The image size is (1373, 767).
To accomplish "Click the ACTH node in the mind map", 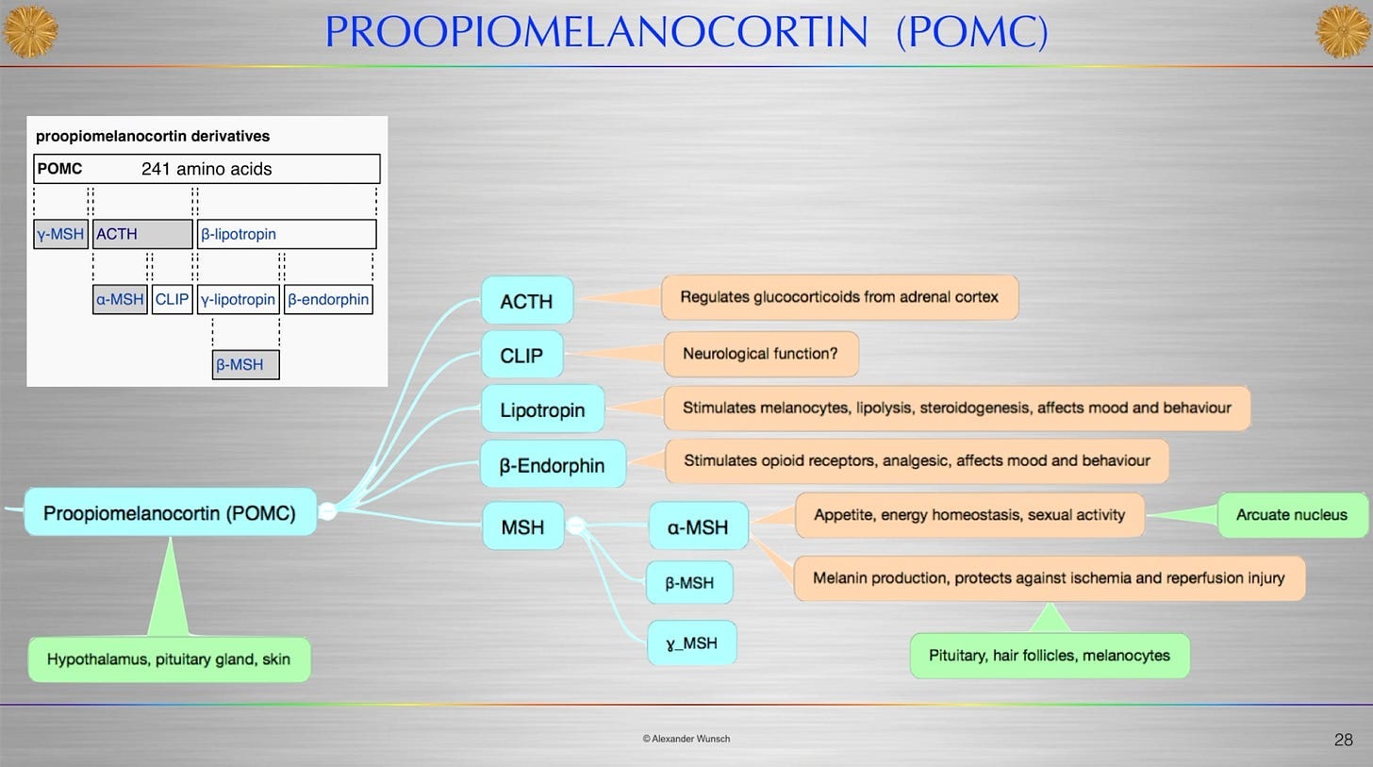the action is pos(526,301).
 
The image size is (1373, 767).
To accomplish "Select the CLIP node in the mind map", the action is pos(521,356).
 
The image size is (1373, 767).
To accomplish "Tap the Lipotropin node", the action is pos(542,410).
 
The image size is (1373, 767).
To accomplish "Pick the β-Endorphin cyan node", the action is pos(552,465).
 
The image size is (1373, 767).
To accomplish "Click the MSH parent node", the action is pos(522,526).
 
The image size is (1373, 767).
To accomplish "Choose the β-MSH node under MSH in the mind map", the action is pos(689,583).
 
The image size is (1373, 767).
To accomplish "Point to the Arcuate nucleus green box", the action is pos(1291,515).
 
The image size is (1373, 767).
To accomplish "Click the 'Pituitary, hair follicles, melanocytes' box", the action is pos(1049,656).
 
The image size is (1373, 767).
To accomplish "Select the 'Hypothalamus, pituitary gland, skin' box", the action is pos(169,659).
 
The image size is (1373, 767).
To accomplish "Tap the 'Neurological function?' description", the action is pos(760,355).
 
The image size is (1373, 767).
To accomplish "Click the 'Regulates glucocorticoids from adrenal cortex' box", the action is pos(838,297).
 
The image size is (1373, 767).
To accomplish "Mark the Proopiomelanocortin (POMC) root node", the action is pos(170,513).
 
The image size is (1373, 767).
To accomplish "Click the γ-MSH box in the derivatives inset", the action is pos(60,234).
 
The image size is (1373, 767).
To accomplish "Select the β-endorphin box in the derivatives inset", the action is pos(328,300).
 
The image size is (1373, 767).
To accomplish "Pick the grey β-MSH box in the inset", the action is pos(245,364).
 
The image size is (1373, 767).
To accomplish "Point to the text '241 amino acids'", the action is pos(207,169).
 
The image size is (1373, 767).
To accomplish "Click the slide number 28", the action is pos(1343,740).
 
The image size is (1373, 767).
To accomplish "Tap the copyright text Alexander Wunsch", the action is pos(686,739).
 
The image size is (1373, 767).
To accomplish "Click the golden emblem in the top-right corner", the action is pos(1343,31).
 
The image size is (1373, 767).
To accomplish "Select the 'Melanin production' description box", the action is pos(1049,577).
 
